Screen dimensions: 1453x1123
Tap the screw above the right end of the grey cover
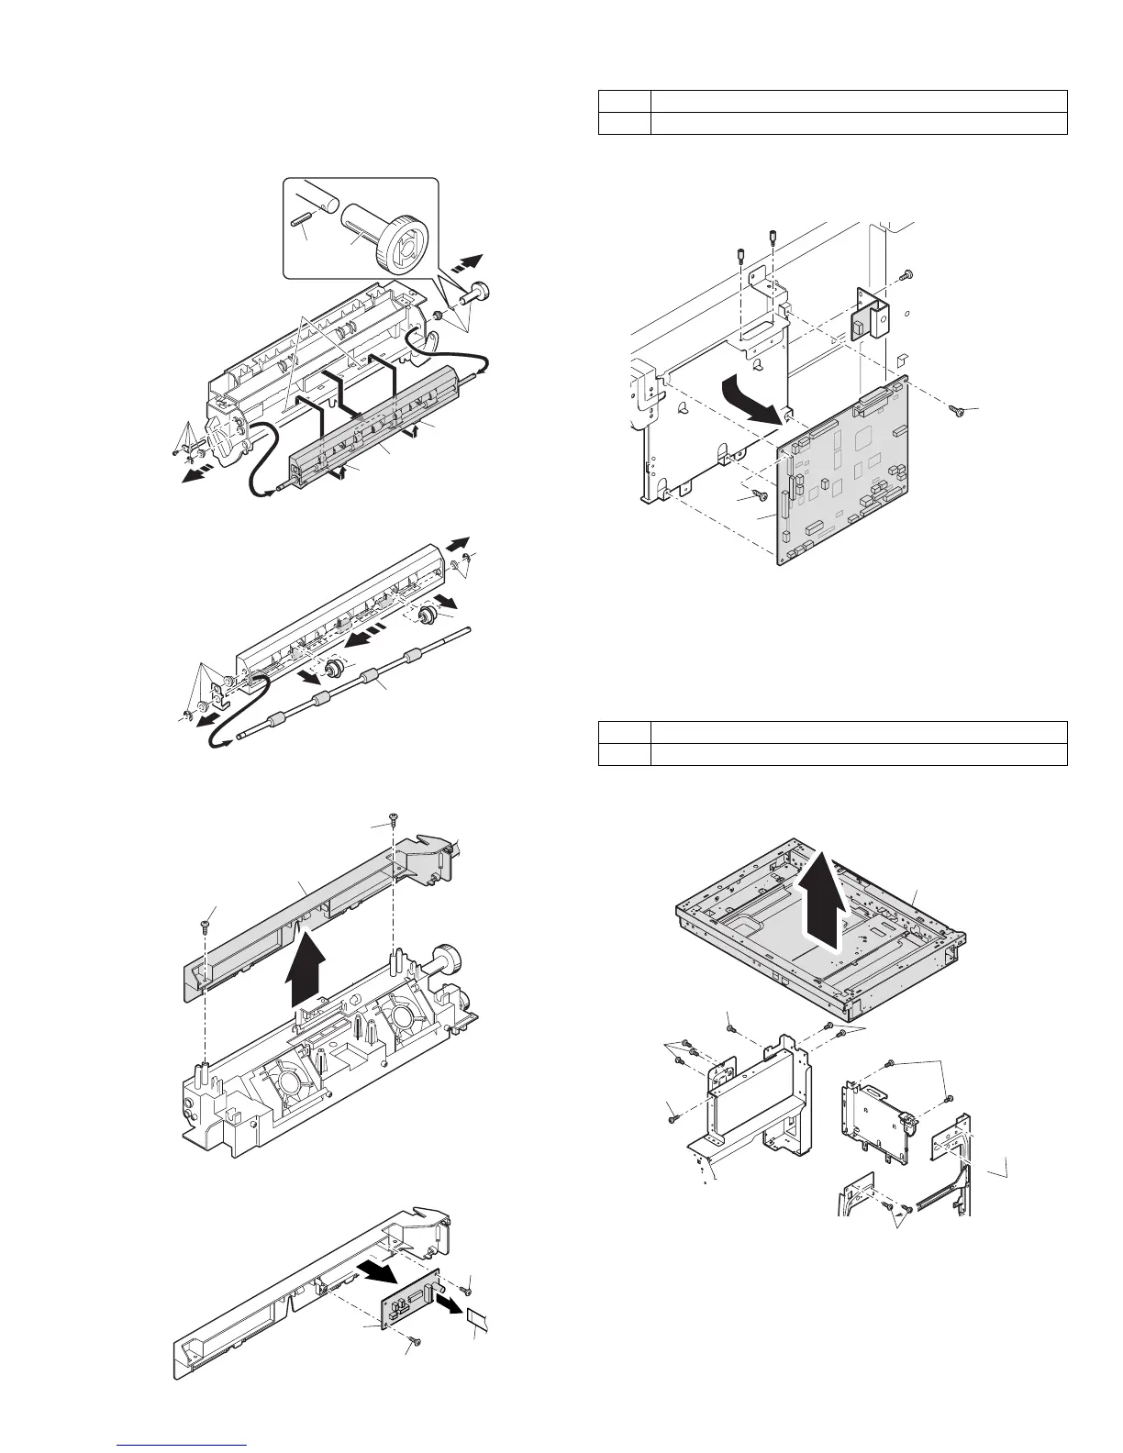tap(393, 820)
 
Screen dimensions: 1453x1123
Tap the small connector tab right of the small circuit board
tap(478, 1322)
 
